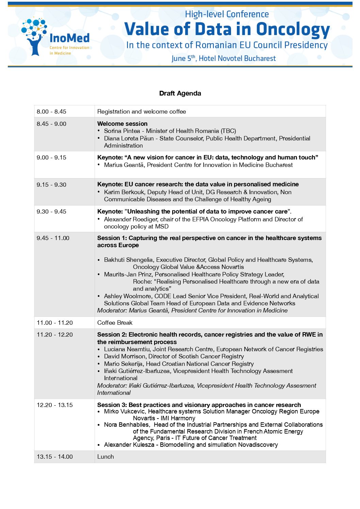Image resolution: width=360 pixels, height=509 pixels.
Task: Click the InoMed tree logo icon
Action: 34,36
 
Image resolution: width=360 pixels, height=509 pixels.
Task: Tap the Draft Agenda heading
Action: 180,94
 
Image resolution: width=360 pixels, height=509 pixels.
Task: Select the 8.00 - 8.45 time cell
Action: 52,112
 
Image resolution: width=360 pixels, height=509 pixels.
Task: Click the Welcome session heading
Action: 122,124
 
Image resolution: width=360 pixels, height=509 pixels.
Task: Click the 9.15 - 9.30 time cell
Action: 52,185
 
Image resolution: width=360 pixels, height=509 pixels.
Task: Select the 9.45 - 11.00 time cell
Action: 53,238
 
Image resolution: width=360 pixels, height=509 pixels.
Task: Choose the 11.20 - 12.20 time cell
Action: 55,335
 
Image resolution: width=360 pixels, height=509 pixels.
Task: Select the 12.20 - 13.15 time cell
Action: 55,405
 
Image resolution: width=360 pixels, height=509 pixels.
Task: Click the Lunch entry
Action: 105,457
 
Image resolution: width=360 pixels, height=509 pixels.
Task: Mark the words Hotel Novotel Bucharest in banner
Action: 237,58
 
